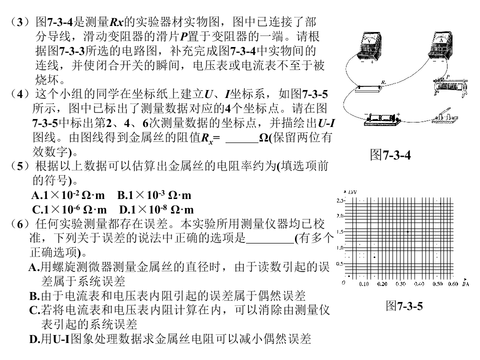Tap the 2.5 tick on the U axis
(x=340, y=200)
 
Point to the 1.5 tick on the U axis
(x=340, y=232)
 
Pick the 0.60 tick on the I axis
(x=452, y=284)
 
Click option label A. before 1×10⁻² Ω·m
(x=36, y=195)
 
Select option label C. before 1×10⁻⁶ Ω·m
(x=37, y=209)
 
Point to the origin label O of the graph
(x=343, y=282)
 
